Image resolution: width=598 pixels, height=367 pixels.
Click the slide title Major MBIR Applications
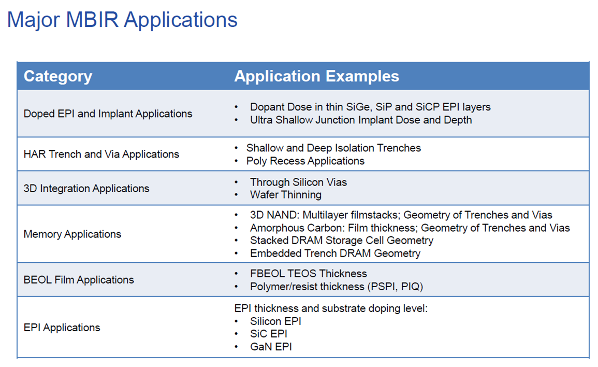coord(122,20)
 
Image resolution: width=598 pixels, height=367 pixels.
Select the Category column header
coord(58,76)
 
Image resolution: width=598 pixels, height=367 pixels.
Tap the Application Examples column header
coord(316,76)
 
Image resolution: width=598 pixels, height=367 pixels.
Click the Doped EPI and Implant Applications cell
coord(108,114)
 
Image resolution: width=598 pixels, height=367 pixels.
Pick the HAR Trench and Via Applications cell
coord(101,154)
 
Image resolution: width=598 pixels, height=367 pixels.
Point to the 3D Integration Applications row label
coord(86,189)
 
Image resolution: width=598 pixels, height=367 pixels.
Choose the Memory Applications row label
coord(72,234)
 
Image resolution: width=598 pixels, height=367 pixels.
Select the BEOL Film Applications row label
coord(79,280)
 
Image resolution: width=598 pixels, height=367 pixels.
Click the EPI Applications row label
coord(62,328)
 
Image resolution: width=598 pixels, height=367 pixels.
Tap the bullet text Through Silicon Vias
coord(298,182)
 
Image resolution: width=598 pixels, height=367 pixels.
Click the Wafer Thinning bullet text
coord(286,195)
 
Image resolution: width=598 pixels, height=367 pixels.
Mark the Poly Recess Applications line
coord(305,161)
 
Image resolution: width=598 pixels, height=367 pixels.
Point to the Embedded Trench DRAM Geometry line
coord(335,253)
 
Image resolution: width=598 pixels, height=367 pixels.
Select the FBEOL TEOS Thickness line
coord(308,274)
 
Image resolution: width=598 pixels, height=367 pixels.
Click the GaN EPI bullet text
coord(271,347)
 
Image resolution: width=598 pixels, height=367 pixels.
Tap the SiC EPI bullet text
coord(269,334)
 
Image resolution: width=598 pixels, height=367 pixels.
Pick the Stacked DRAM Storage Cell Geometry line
coord(341,241)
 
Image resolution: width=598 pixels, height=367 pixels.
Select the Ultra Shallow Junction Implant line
coord(361,120)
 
